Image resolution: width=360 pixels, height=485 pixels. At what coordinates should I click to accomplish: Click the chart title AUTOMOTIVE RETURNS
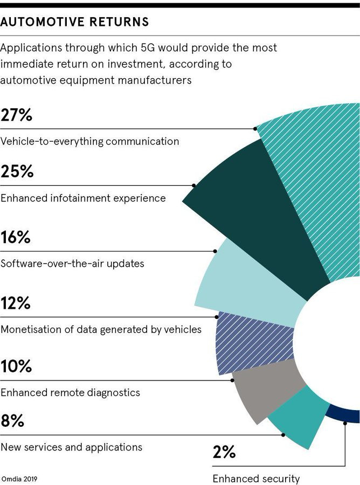tap(75, 23)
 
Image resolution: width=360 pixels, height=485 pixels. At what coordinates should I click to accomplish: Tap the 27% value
tap(17, 115)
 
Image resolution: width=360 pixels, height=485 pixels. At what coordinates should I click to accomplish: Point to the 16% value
tap(16, 237)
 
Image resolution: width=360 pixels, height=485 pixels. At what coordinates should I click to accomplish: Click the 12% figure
tap(16, 303)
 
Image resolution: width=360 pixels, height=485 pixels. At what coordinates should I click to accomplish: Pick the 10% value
tap(17, 366)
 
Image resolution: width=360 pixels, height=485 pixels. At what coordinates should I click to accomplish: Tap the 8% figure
tap(12, 421)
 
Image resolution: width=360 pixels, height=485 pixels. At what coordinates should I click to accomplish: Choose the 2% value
tap(224, 452)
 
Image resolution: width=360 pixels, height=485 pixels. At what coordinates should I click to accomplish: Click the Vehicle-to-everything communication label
tap(89, 142)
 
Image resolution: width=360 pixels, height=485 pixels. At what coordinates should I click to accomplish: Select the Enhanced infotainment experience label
tap(83, 198)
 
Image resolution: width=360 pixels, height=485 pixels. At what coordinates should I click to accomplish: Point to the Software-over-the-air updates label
tap(72, 264)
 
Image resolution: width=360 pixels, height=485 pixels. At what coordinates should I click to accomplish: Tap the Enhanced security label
tap(256, 479)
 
